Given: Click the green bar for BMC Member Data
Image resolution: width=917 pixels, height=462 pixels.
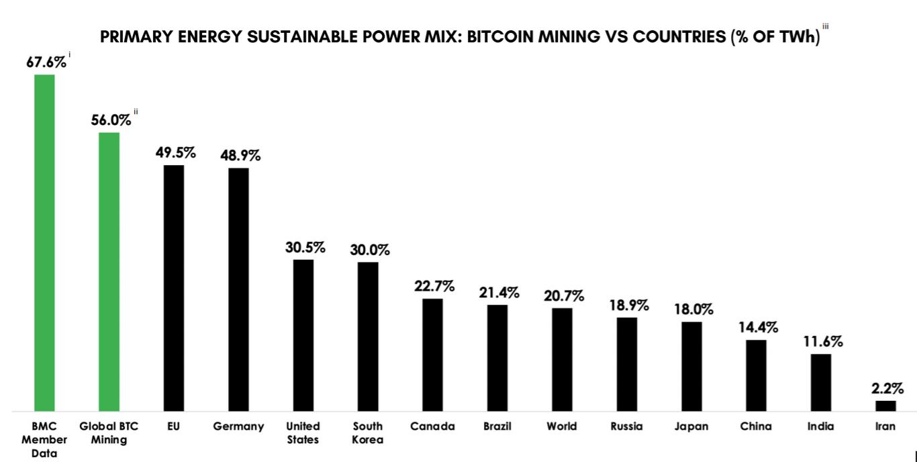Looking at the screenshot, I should pyautogui.click(x=44, y=242).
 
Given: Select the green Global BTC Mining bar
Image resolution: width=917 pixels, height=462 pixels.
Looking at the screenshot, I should pyautogui.click(x=109, y=271).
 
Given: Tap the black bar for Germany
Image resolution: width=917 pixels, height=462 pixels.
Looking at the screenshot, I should pyautogui.click(x=238, y=289).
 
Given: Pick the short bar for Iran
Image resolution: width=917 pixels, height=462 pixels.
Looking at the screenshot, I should pyautogui.click(x=885, y=406).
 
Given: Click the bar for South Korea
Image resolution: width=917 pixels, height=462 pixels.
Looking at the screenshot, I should pyautogui.click(x=368, y=336).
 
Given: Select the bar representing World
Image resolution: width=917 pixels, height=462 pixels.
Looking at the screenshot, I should pyautogui.click(x=562, y=359).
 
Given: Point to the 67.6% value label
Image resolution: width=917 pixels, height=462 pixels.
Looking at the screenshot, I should pyautogui.click(x=46, y=62).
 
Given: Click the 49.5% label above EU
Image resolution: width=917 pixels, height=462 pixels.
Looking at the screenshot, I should pyautogui.click(x=175, y=153).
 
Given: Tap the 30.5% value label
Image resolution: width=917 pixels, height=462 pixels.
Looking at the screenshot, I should pyautogui.click(x=305, y=247).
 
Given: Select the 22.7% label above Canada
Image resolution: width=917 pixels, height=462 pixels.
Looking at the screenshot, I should pyautogui.click(x=434, y=286).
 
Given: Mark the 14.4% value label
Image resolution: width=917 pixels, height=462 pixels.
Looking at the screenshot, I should pyautogui.click(x=758, y=328).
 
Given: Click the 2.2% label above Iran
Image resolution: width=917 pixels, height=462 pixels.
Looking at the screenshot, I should pyautogui.click(x=887, y=388).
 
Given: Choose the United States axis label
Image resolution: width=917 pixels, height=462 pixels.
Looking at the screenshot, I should pyautogui.click(x=303, y=433).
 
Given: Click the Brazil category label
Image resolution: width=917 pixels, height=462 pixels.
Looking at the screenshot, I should pyautogui.click(x=497, y=426).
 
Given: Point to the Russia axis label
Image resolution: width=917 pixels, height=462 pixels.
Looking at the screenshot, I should pyautogui.click(x=626, y=426).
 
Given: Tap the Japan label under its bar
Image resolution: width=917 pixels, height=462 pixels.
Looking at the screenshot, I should pyautogui.click(x=691, y=426).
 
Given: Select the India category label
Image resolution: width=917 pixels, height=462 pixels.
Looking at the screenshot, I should pyautogui.click(x=821, y=426).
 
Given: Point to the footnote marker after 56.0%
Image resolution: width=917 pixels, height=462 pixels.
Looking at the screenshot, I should pyautogui.click(x=136, y=112).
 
